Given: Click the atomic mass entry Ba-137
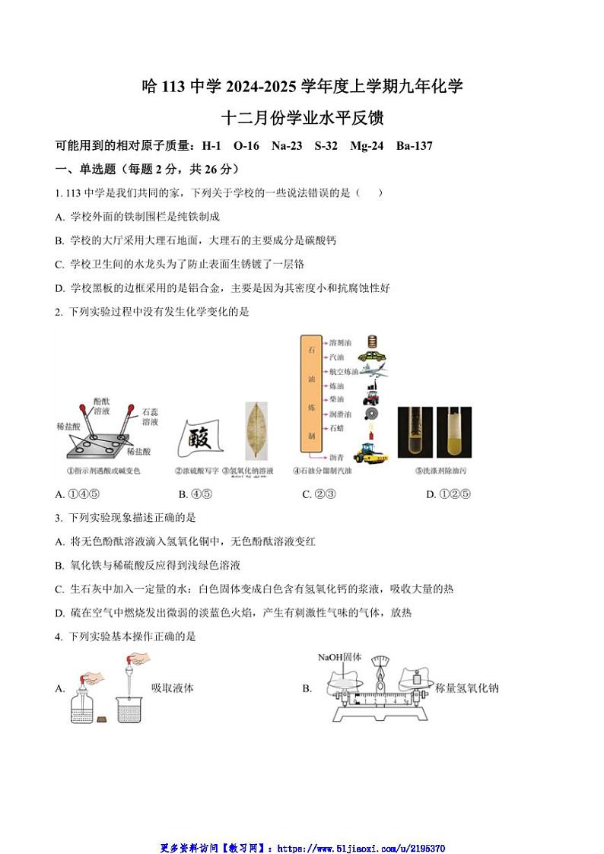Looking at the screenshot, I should [415, 145].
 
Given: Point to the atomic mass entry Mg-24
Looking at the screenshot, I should [370, 145].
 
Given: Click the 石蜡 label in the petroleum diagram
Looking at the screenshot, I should [338, 428].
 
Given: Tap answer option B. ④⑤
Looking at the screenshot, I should [195, 494].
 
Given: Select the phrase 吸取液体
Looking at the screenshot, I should [173, 688].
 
